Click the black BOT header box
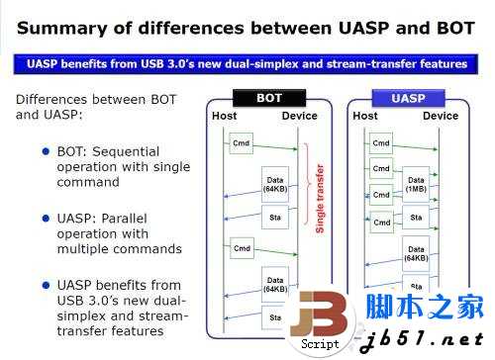pyautogui.click(x=268, y=98)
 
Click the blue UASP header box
pyautogui.click(x=408, y=98)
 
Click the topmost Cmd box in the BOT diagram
pyautogui.click(x=241, y=143)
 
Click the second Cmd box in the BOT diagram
pyautogui.click(x=241, y=243)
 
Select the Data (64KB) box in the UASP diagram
pyautogui.click(x=416, y=254)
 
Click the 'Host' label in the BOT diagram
pyautogui.click(x=225, y=117)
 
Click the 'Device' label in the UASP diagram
pyautogui.click(x=441, y=117)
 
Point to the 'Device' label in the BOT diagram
pyautogui.click(x=299, y=117)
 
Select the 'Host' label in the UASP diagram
pyautogui.click(x=365, y=117)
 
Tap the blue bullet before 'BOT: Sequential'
pyautogui.click(x=46, y=150)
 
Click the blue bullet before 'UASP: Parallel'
pyautogui.click(x=46, y=217)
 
